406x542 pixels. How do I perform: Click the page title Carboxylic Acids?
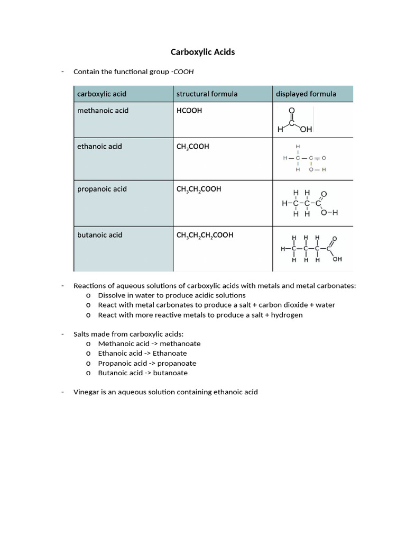[202, 52]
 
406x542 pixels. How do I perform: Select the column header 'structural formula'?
[207, 94]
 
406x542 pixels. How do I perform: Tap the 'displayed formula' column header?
[306, 94]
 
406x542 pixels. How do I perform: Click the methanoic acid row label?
[103, 111]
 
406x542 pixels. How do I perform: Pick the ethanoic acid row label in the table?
[99, 146]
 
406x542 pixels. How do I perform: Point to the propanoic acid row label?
[102, 189]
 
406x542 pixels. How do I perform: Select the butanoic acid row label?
[100, 235]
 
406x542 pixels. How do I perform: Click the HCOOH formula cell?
[189, 111]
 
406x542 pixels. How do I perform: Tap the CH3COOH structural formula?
[192, 147]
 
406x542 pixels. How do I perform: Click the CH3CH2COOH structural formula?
[199, 189]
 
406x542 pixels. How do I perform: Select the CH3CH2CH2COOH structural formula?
[205, 235]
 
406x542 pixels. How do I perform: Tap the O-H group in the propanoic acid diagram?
[329, 213]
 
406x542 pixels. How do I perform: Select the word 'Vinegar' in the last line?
[86, 392]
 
